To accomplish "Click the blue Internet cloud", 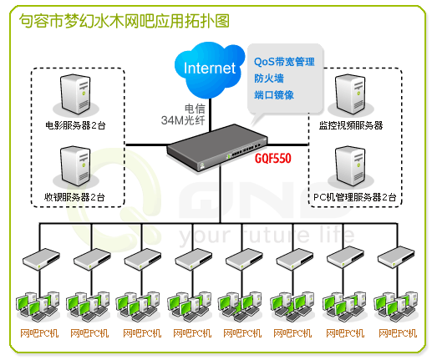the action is (x=210, y=69).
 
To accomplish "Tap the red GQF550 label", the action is (x=273, y=158).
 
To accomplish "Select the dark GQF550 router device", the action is (x=216, y=147).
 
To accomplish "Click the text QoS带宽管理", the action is (x=284, y=62).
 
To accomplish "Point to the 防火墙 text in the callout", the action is (x=269, y=79).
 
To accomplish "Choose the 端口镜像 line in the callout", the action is (x=274, y=95).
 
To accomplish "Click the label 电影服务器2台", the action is (x=75, y=125).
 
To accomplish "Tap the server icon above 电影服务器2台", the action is (x=76, y=94).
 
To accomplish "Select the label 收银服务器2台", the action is (x=74, y=197).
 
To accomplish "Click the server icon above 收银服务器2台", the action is (x=76, y=166).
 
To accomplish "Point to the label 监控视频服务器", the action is (x=351, y=125).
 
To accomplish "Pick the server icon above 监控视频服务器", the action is (x=351, y=94).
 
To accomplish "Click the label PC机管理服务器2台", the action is (x=355, y=197).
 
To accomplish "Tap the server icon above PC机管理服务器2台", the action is (x=351, y=166).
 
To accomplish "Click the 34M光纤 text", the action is (x=183, y=120).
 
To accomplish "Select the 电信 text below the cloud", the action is (x=195, y=109).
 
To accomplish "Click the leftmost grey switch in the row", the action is (x=41, y=259).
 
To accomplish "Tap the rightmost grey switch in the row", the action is (x=396, y=257).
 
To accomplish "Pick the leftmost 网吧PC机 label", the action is (x=39, y=333).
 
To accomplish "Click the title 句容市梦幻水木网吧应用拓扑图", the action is (x=124, y=21).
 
